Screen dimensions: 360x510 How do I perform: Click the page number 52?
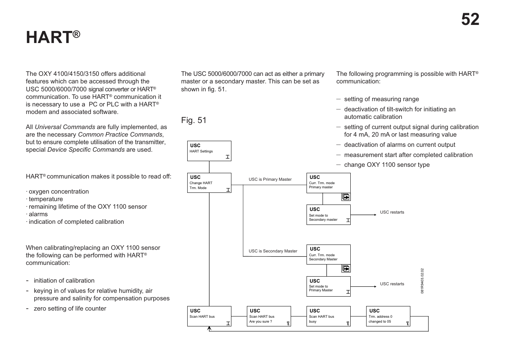point(470,20)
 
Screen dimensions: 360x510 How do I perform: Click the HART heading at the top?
point(53,37)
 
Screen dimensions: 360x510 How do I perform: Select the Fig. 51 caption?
point(194,120)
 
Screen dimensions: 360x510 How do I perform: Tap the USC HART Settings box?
point(209,151)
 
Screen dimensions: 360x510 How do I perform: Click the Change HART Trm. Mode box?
point(209,183)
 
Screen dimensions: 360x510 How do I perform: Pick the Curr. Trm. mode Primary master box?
point(328,183)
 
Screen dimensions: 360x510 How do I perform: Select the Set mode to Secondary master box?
point(328,215)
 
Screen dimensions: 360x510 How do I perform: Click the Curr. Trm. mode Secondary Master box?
point(328,254)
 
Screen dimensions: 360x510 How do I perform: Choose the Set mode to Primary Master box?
point(328,286)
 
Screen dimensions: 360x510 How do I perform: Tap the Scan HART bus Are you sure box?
point(269,316)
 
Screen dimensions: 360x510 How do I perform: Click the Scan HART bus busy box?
point(328,316)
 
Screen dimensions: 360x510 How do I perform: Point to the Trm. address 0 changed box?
point(388,316)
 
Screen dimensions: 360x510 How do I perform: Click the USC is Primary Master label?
point(270,179)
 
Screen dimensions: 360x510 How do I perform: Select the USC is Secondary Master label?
point(273,251)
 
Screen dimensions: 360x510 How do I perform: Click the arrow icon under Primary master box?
point(346,197)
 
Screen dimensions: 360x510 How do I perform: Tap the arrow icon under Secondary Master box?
point(346,269)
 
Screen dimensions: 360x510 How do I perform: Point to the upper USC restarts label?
point(392,212)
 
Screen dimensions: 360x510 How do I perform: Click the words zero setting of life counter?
point(70,308)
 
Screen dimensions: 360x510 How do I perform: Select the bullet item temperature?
point(46,199)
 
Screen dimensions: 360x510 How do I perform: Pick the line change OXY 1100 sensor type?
point(387,165)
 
